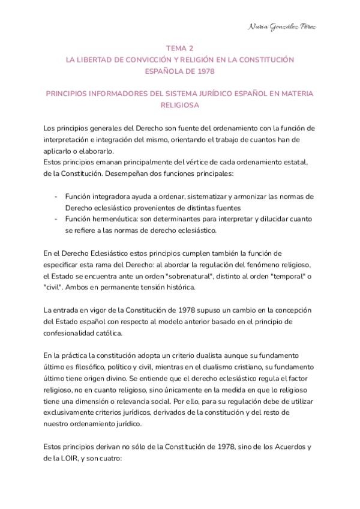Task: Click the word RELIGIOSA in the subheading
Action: click(x=179, y=105)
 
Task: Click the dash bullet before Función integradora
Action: click(x=56, y=196)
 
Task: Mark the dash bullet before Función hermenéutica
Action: click(x=56, y=219)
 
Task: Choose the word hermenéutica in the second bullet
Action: click(x=120, y=219)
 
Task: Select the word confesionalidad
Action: click(x=74, y=333)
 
